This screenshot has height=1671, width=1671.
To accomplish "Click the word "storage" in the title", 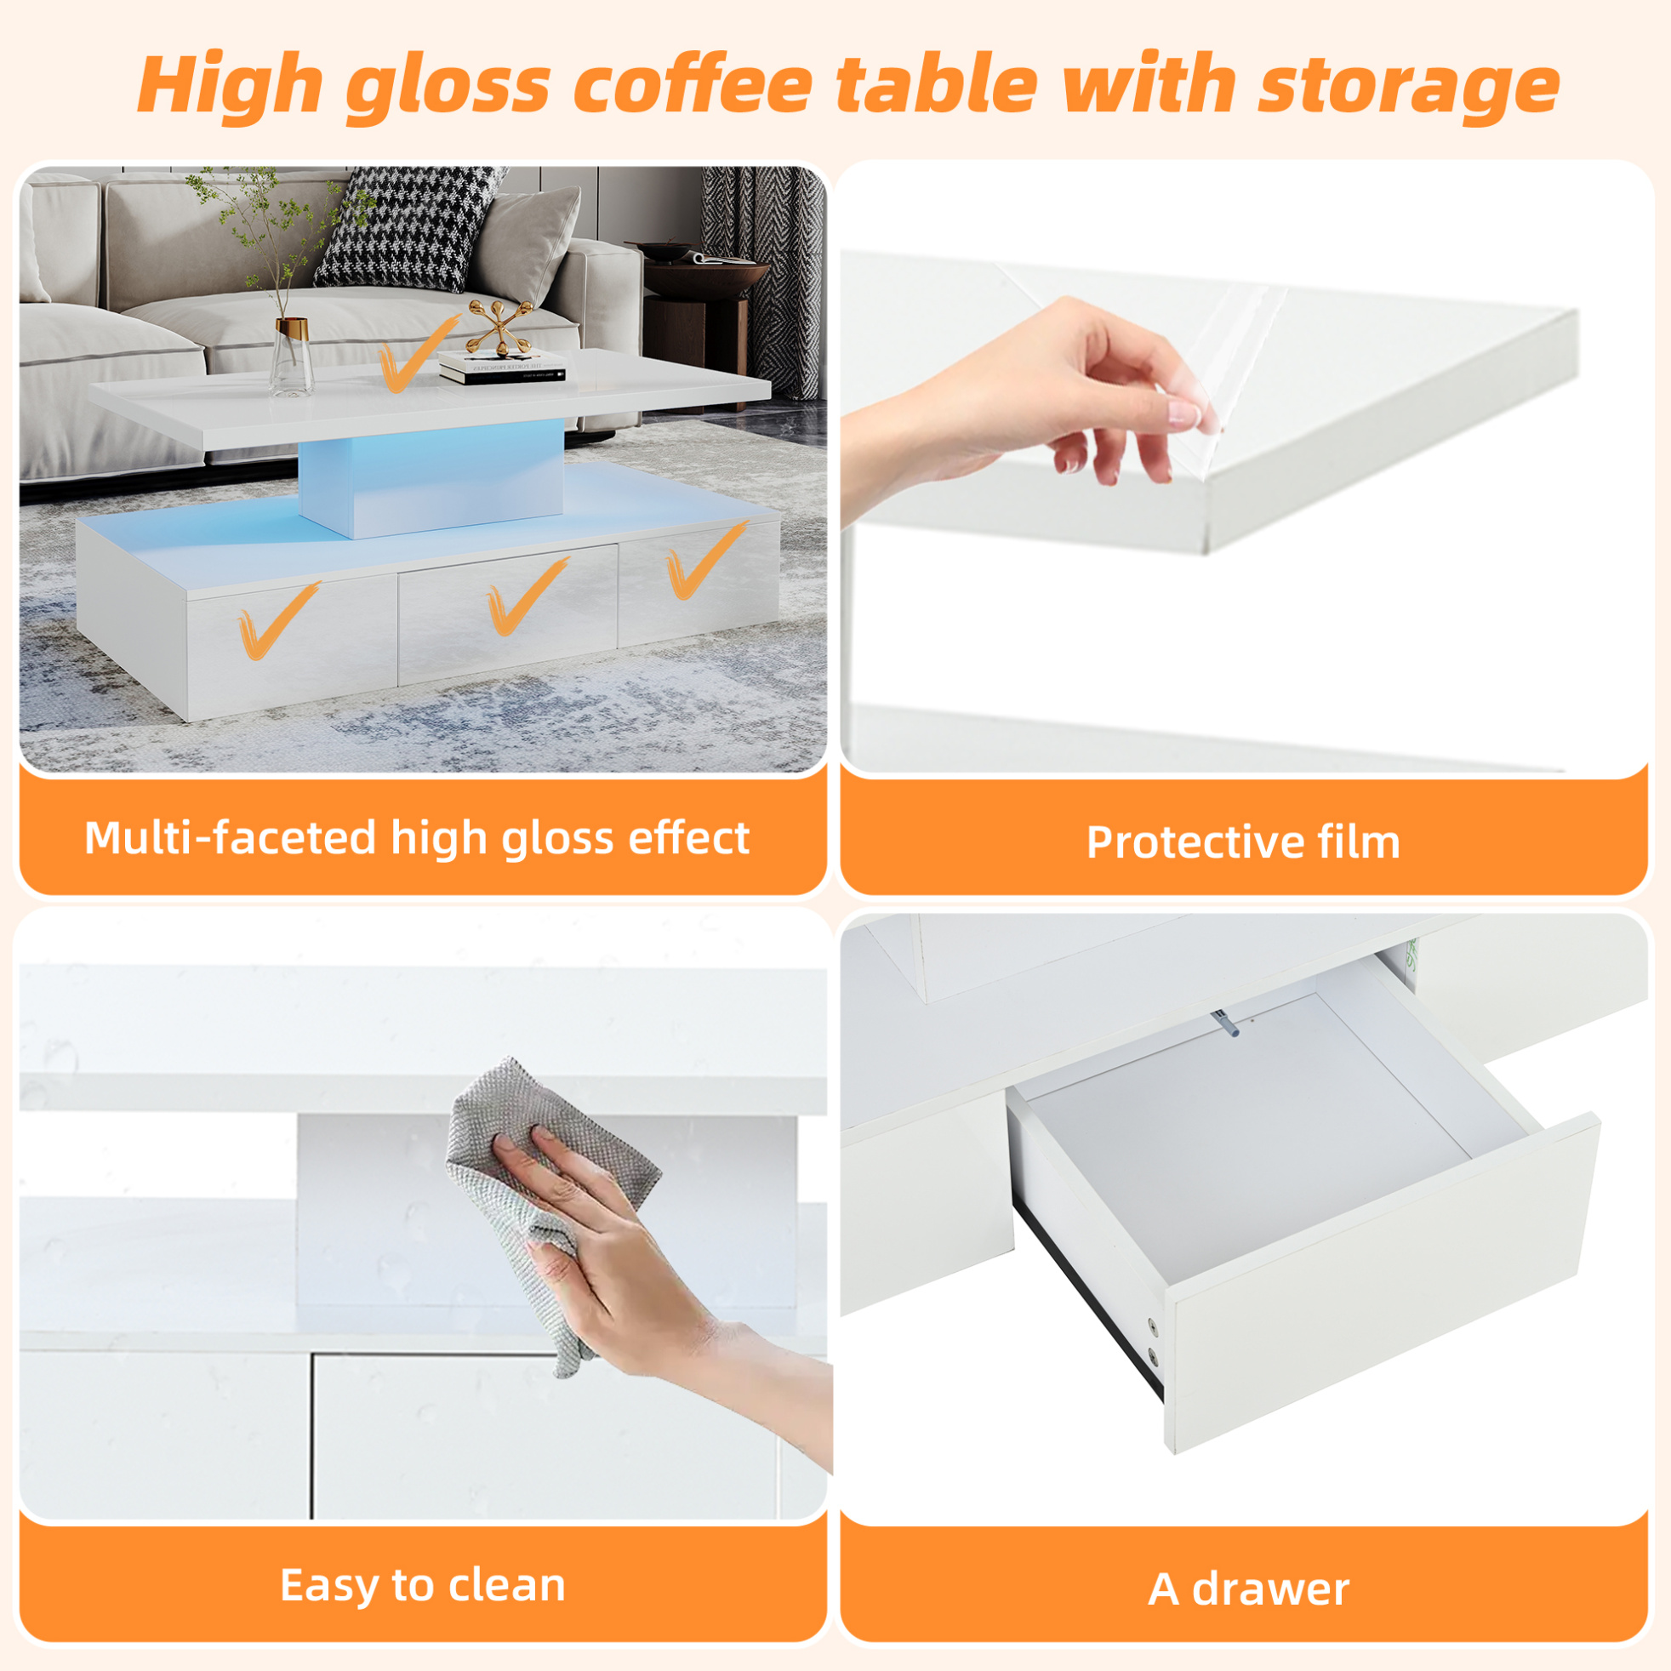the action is (x=1408, y=86).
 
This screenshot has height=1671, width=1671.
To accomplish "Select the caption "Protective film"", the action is (x=1243, y=842).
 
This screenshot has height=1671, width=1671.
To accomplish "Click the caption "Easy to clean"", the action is (x=423, y=1585).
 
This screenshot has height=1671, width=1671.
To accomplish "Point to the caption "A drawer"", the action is (x=1249, y=1588).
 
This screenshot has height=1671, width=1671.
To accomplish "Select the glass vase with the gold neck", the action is (x=291, y=356).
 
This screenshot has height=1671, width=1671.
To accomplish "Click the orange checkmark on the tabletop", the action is (x=415, y=356).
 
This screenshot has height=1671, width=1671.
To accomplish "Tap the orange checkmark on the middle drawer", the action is (x=526, y=596).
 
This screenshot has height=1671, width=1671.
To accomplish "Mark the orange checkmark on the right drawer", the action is (x=704, y=561).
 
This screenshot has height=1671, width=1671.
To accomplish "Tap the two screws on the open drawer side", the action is (x=1152, y=1339).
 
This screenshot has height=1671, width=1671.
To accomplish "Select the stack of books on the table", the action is (x=502, y=368).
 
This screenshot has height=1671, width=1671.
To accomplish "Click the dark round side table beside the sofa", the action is (x=697, y=303).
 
